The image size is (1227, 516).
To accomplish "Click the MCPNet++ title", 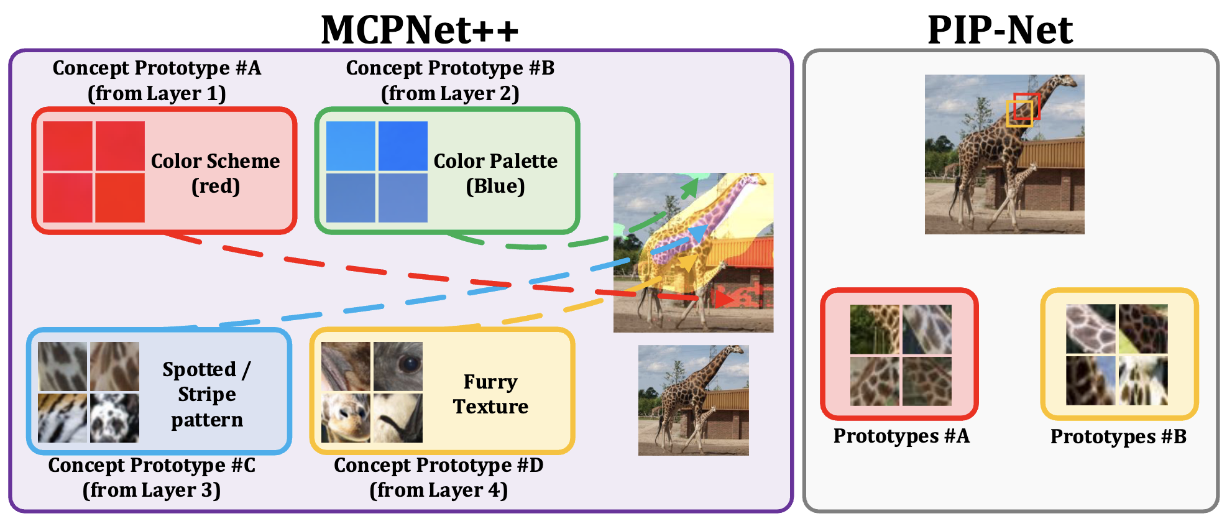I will click(x=420, y=29).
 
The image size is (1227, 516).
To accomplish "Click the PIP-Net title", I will click(x=1000, y=29).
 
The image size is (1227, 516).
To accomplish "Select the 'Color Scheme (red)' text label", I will click(x=215, y=173).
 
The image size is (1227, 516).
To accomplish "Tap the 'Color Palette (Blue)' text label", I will click(x=495, y=173).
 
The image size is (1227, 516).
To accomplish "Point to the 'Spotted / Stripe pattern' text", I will click(x=206, y=394).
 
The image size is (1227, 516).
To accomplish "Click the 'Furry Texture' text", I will click(x=490, y=394).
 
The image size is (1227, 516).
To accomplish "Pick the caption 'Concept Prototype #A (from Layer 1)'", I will click(x=157, y=80).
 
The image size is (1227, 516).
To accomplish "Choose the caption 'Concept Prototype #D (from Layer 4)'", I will click(x=439, y=477).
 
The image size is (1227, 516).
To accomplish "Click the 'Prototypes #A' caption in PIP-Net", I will click(x=901, y=436).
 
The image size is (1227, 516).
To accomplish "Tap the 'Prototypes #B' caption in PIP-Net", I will click(x=1118, y=436).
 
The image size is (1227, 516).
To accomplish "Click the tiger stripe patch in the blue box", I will click(x=62, y=418).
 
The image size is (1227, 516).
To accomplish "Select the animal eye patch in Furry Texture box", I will click(x=398, y=366).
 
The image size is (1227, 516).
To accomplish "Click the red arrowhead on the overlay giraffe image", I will click(x=722, y=299).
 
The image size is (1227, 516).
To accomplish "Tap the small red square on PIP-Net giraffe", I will click(x=1026, y=106).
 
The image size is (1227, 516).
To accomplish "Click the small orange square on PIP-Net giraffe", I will click(x=1019, y=114).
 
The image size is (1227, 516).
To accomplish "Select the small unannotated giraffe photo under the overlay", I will click(x=693, y=400).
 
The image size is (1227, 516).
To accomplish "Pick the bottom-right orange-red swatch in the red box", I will click(x=120, y=198).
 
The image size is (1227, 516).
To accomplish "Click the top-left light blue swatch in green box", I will click(x=351, y=146).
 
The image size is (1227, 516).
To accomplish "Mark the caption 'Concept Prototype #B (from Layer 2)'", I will click(x=450, y=80).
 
